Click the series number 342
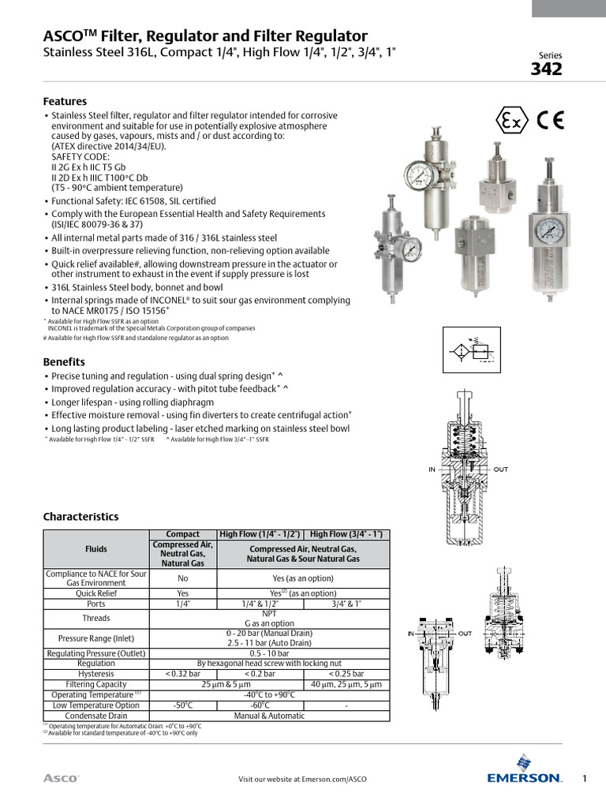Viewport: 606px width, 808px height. (x=546, y=69)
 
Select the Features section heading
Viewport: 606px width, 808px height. (x=65, y=102)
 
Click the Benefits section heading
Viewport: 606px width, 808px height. (x=64, y=361)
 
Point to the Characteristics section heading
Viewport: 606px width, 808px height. (x=80, y=517)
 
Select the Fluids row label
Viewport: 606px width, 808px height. (x=96, y=549)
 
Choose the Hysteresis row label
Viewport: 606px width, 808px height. (x=96, y=674)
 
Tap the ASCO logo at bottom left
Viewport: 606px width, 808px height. (x=60, y=779)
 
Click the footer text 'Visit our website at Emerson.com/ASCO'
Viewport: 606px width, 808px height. (x=302, y=780)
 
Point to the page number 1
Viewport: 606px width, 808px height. (x=585, y=779)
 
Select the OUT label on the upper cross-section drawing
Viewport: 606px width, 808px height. (x=501, y=469)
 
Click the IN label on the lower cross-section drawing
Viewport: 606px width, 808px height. (x=411, y=634)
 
